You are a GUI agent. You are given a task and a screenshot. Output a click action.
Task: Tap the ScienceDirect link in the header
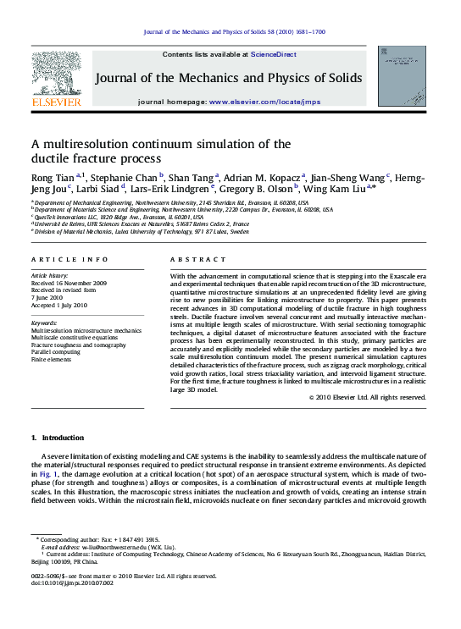click(274, 54)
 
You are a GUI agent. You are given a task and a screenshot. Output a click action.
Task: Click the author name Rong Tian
click(53, 177)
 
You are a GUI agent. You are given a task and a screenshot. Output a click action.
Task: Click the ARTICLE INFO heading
click(69, 259)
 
